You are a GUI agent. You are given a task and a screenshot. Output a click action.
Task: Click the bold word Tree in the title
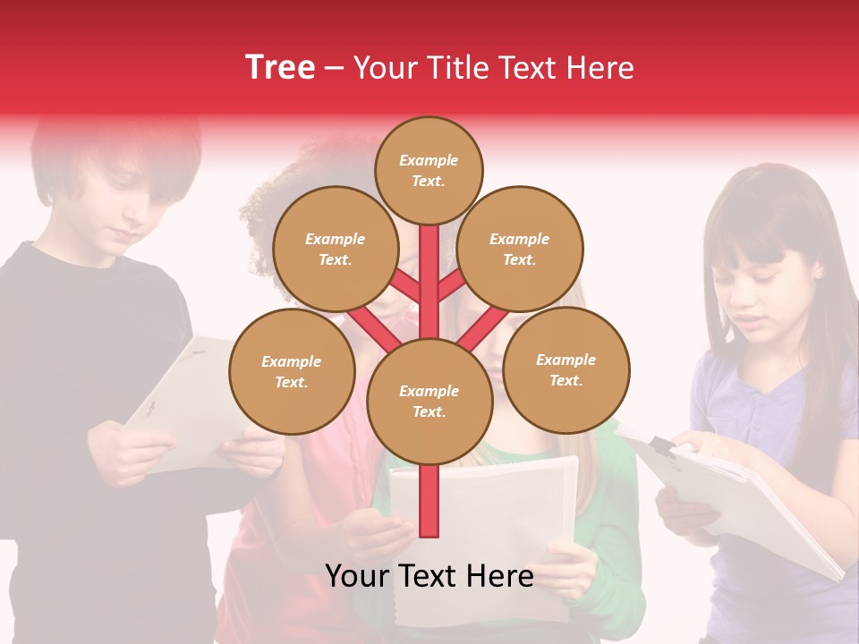tap(280, 67)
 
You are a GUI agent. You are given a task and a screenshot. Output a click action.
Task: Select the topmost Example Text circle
tap(429, 170)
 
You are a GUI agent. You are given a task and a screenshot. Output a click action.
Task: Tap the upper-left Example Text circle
tap(335, 250)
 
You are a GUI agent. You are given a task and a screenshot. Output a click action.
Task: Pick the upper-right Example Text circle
tap(520, 250)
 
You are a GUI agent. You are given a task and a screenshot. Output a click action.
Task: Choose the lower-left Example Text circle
tap(292, 371)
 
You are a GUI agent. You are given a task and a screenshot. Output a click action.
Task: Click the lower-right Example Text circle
tap(566, 370)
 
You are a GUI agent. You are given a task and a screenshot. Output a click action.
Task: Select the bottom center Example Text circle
tap(429, 402)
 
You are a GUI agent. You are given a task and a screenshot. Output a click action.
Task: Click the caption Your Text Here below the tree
tap(429, 576)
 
